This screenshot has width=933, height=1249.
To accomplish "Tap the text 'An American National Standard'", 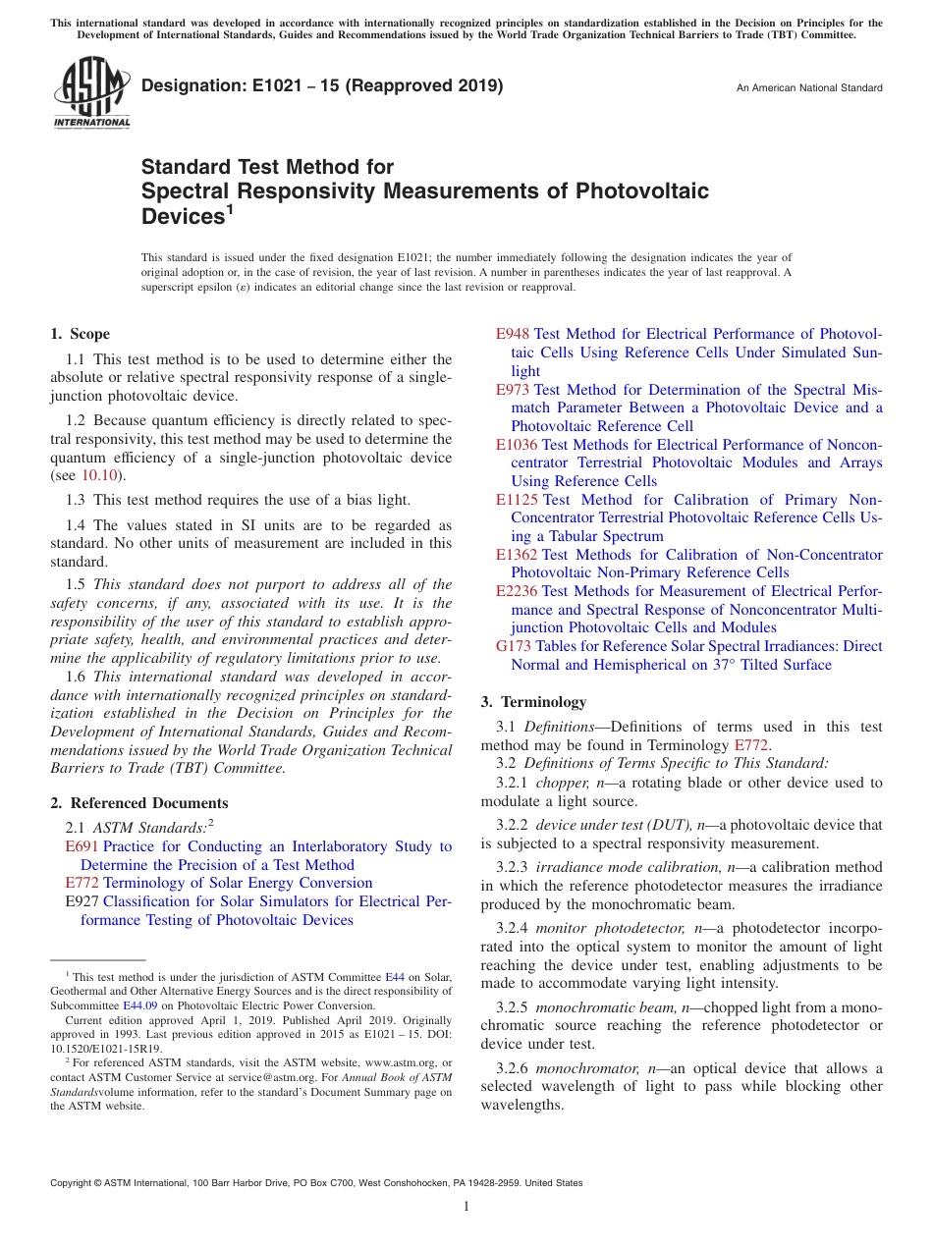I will click(809, 88).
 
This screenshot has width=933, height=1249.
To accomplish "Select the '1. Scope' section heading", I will click(81, 334).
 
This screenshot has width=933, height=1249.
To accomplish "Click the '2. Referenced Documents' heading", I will click(139, 803).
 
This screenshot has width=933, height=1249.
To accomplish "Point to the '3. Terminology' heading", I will click(533, 702).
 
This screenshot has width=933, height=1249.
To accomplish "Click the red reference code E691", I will click(82, 846).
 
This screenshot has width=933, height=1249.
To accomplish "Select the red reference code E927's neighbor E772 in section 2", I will click(82, 883).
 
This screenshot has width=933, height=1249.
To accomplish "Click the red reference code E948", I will click(513, 334).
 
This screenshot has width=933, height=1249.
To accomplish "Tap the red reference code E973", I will click(513, 390).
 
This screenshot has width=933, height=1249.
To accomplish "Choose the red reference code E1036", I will click(517, 445).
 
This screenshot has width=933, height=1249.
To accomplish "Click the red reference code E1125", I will click(517, 500).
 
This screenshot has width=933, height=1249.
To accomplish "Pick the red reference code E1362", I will click(517, 555).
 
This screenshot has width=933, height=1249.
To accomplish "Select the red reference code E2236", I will click(517, 591).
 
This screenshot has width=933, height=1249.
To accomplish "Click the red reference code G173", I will click(513, 646).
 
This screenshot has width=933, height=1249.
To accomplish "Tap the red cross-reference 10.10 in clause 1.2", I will click(97, 476).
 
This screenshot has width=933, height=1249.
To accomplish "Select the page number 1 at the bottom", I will click(466, 1206).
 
